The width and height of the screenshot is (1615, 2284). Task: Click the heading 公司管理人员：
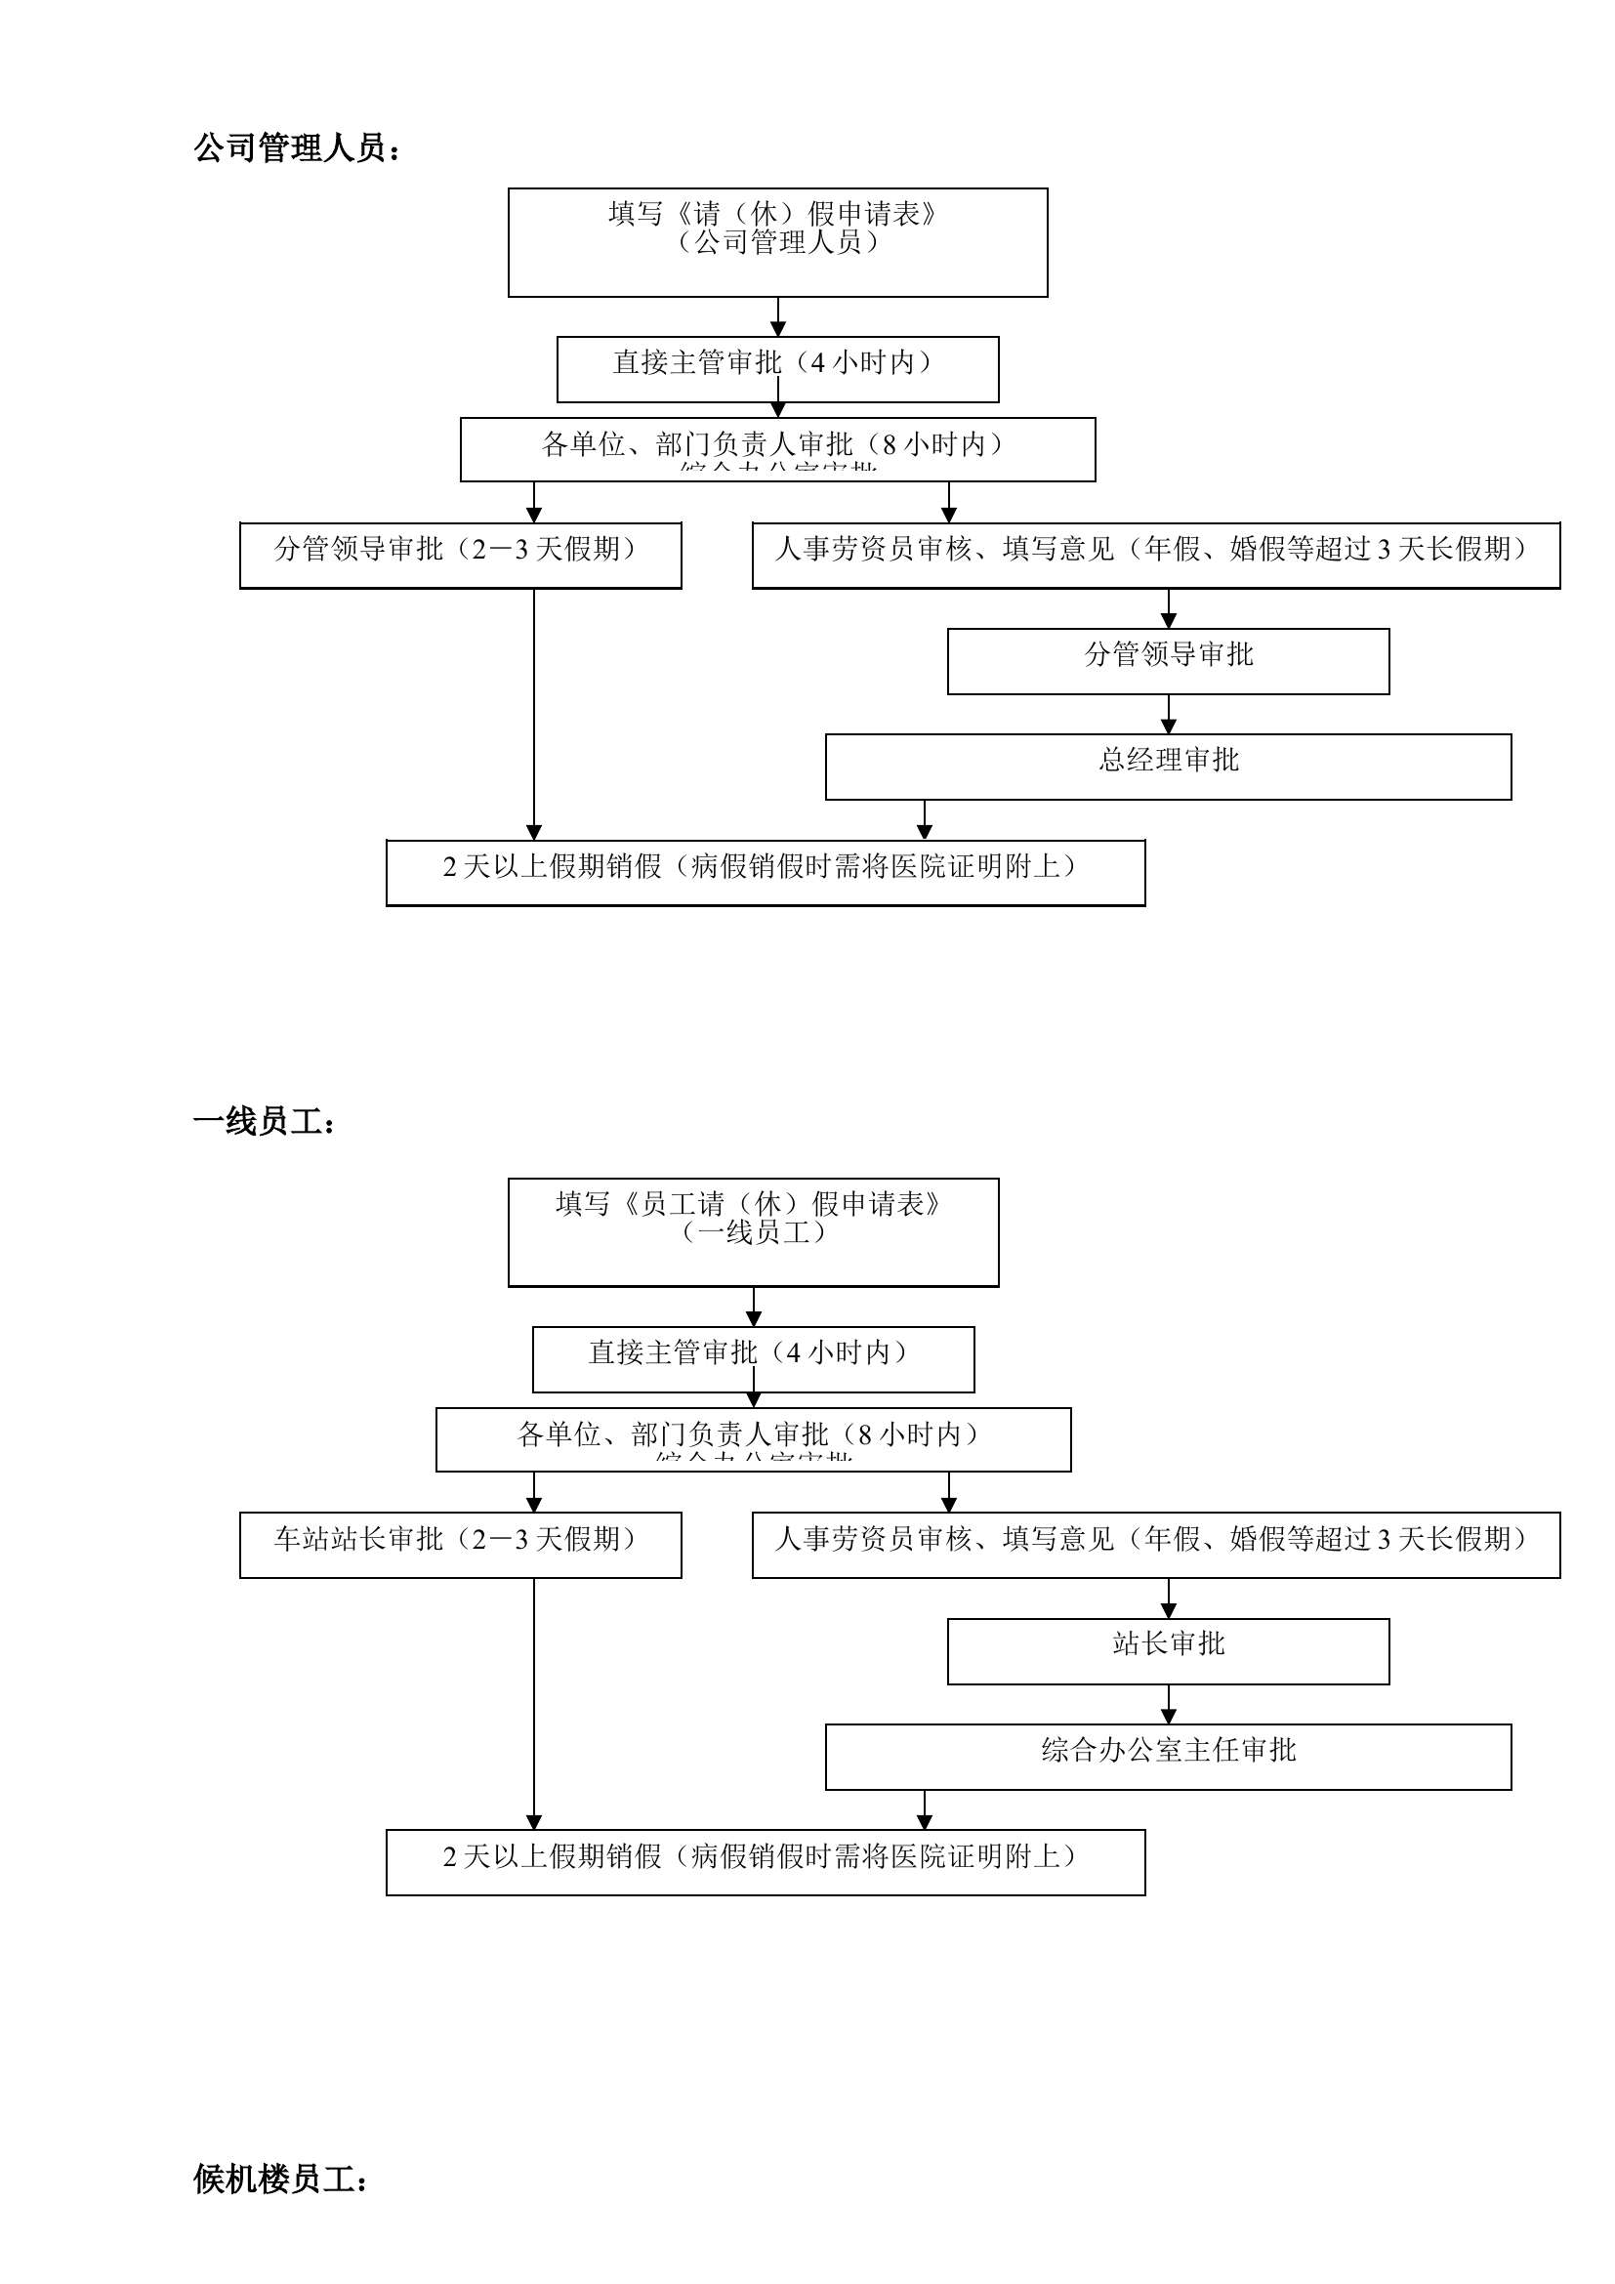click(x=297, y=149)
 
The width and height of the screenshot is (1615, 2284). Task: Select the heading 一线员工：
click(x=265, y=1122)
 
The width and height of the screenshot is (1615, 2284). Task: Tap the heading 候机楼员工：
click(x=280, y=2179)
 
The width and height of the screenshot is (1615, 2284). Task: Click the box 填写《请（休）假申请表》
click(x=776, y=242)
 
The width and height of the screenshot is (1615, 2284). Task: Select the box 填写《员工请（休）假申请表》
click(x=753, y=1231)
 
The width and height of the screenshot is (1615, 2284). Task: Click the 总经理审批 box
click(x=1168, y=766)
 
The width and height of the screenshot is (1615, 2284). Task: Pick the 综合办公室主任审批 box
click(x=1168, y=1756)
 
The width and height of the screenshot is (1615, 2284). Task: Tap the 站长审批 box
click(x=1168, y=1650)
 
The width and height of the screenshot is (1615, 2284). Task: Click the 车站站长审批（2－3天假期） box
click(x=460, y=1544)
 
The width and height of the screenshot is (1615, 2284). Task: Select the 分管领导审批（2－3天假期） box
click(x=460, y=554)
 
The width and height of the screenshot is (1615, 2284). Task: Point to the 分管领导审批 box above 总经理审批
click(x=1168, y=660)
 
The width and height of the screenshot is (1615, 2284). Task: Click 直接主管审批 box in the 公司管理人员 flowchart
click(x=776, y=368)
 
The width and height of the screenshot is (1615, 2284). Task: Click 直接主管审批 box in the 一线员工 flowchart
click(x=753, y=1358)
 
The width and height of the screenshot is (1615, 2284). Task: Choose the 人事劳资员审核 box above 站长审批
click(x=1154, y=1544)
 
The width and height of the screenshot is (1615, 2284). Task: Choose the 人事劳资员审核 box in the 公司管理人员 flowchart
click(x=1154, y=554)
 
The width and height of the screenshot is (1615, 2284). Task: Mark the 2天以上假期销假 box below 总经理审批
click(x=765, y=872)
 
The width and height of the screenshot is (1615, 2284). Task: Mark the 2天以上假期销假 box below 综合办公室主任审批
click(x=765, y=1861)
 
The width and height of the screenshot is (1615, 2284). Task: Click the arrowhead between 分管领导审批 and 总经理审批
click(x=1169, y=727)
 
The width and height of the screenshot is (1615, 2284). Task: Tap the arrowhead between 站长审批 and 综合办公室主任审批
click(x=1169, y=1716)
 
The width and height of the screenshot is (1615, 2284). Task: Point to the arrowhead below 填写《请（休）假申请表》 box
click(x=777, y=330)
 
